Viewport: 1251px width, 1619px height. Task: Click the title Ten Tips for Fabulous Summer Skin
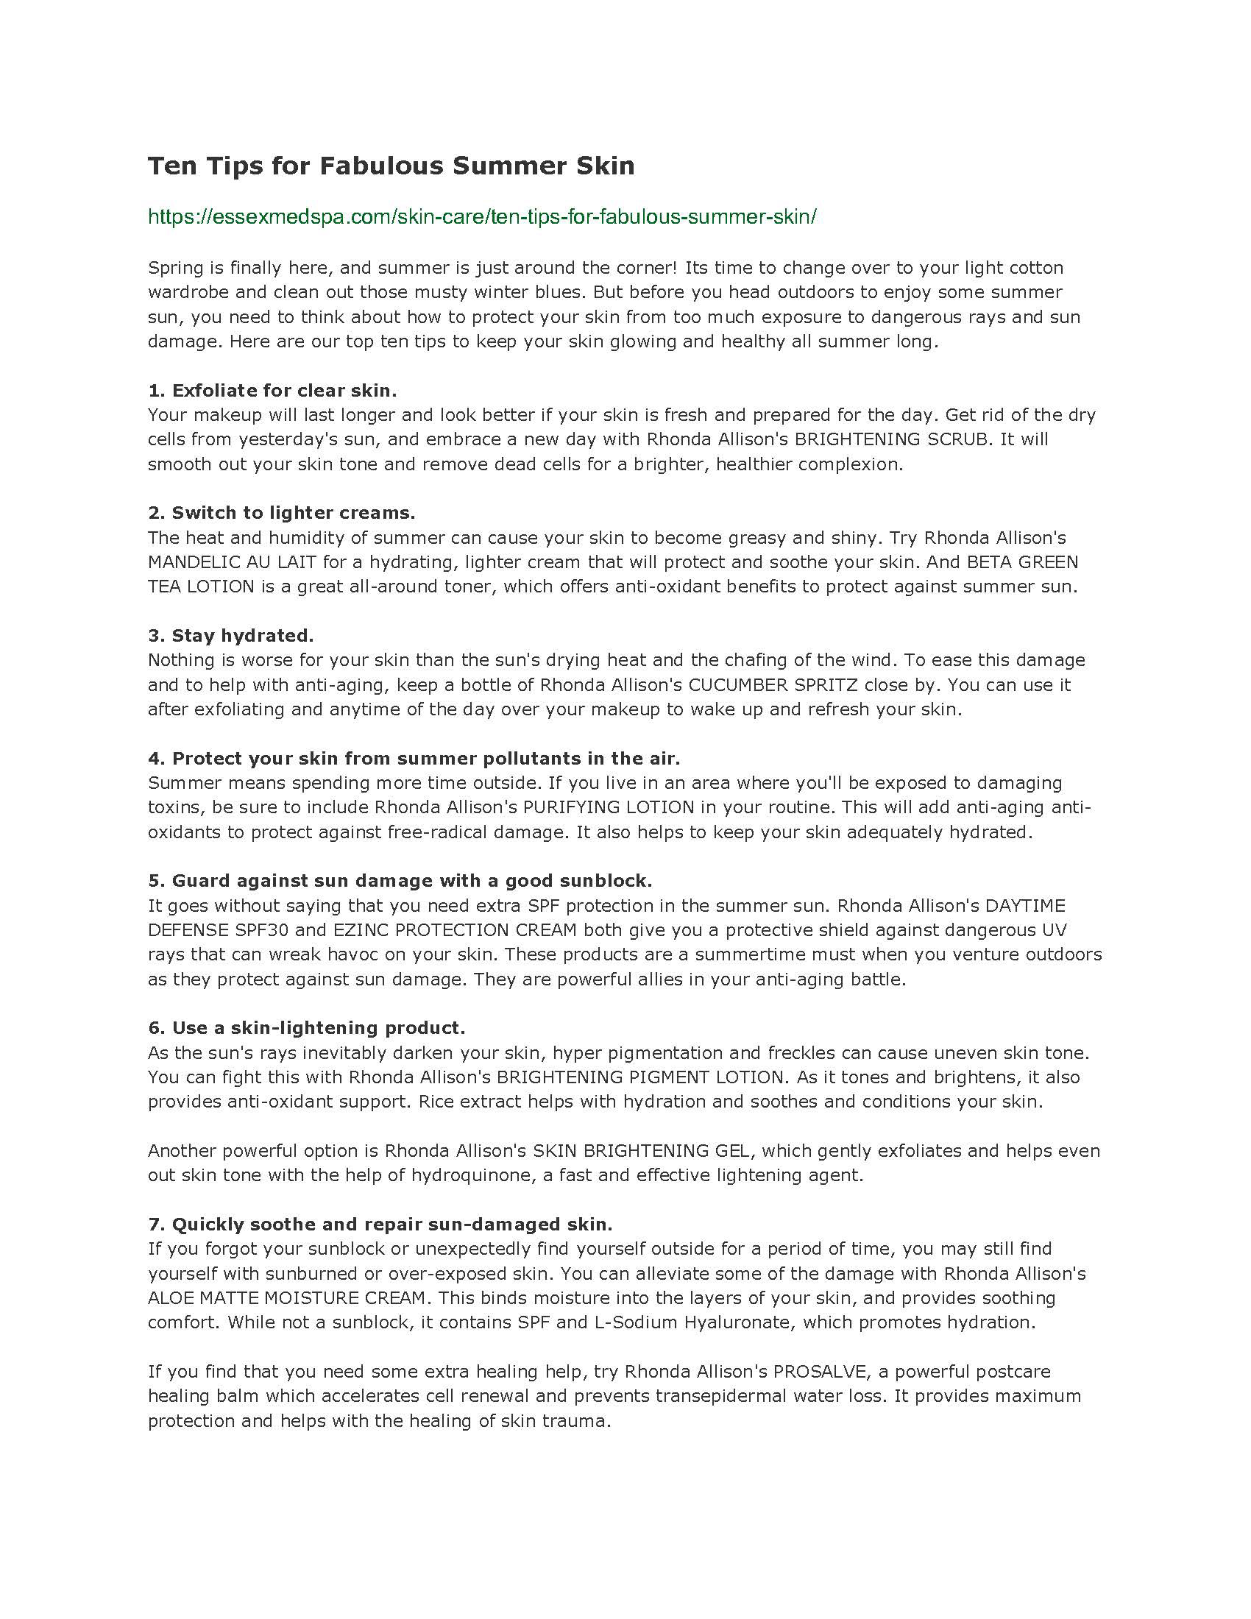(x=391, y=166)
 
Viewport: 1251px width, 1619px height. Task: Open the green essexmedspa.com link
(x=482, y=216)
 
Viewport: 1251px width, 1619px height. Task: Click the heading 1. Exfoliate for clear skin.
(x=272, y=390)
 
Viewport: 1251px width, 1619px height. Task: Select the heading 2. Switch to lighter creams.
(x=282, y=512)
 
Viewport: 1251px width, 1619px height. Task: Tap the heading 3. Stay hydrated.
(x=231, y=635)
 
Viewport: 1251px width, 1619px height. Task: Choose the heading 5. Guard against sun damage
(x=400, y=880)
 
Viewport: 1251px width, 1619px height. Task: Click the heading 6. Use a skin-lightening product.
(x=307, y=1027)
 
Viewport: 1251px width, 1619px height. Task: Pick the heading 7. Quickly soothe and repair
(x=380, y=1223)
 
